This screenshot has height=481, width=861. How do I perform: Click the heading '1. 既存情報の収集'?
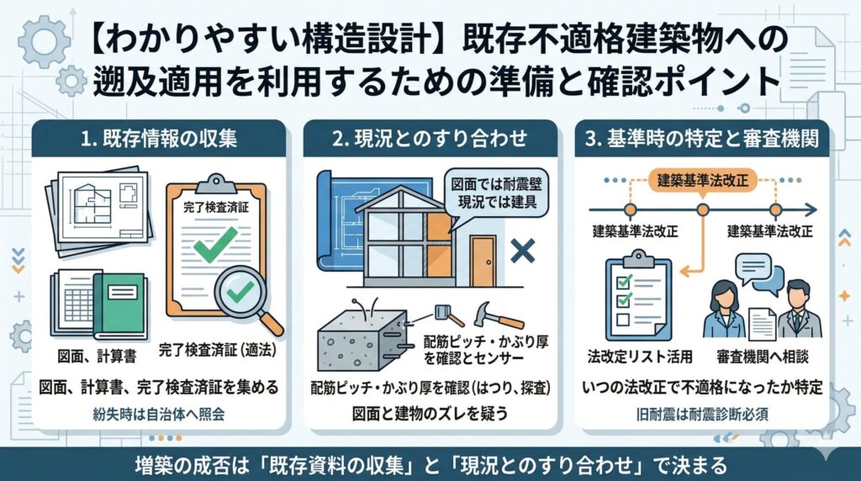tap(159, 139)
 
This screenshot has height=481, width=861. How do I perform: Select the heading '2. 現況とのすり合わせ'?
tap(430, 139)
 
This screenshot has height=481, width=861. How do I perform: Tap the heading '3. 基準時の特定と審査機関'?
tap(702, 139)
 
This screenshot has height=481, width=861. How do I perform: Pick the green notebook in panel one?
tap(119, 304)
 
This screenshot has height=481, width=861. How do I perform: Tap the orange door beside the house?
tap(483, 261)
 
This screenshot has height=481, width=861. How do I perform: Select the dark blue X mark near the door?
tap(523, 252)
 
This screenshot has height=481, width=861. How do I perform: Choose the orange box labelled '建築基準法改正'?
tap(702, 181)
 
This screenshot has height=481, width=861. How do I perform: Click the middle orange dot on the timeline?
tap(702, 209)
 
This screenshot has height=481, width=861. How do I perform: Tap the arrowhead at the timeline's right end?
tap(811, 209)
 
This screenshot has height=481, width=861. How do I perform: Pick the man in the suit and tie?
tap(799, 309)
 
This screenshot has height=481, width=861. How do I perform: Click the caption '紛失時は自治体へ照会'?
tap(159, 415)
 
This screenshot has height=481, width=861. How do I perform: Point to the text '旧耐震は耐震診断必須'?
tap(702, 415)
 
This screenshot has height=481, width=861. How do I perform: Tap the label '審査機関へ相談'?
tap(763, 357)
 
